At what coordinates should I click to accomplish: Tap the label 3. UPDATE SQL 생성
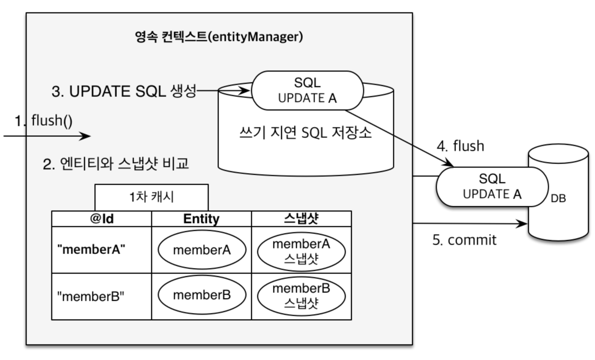[x=124, y=91]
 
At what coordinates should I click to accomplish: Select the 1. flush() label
[x=43, y=120]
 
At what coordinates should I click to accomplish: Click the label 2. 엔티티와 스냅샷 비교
[x=116, y=164]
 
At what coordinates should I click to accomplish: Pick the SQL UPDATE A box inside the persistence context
[x=307, y=91]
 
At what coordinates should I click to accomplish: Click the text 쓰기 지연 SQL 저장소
[x=305, y=132]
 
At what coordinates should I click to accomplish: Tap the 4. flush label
[x=460, y=146]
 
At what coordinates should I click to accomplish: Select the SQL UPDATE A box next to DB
[x=492, y=186]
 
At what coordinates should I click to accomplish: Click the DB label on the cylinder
[x=558, y=198]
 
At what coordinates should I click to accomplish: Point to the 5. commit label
[x=464, y=240]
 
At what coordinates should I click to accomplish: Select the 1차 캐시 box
[x=151, y=197]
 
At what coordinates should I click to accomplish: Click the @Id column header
[x=101, y=219]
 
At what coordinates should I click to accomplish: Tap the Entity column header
[x=201, y=219]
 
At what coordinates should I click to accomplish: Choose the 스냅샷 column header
[x=301, y=219]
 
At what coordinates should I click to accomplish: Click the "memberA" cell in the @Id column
[x=91, y=250]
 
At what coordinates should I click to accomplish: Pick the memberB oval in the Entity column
[x=202, y=295]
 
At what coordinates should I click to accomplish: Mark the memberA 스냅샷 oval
[x=301, y=251]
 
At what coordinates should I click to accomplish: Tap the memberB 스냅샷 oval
[x=301, y=296]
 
